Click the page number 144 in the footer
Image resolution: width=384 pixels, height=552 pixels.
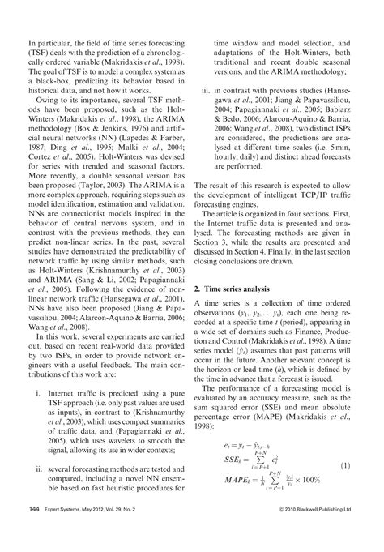coord(35,533)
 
